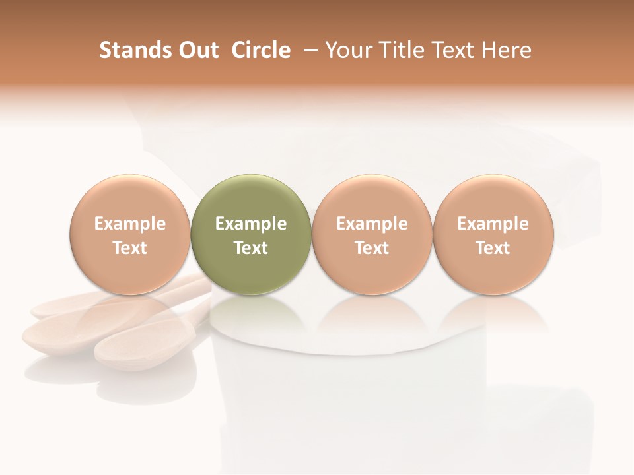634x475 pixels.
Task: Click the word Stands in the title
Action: pos(131,50)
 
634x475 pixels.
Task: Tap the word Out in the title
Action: pos(196,50)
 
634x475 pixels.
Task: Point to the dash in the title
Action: pos(309,50)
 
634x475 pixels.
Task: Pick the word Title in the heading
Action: pos(402,50)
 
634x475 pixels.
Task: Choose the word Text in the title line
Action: pos(456,50)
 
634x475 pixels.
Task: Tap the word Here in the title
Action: pos(507,50)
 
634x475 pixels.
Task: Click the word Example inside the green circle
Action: pos(251,224)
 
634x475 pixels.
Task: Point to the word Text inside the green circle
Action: pos(251,248)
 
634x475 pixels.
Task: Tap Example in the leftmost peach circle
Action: pos(130,224)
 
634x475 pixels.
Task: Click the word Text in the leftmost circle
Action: pos(130,248)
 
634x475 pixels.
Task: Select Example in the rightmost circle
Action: pos(493,224)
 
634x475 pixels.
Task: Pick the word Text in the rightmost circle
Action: pos(493,248)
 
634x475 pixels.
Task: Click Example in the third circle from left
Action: pos(372,224)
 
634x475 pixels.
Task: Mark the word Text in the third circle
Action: pos(372,248)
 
